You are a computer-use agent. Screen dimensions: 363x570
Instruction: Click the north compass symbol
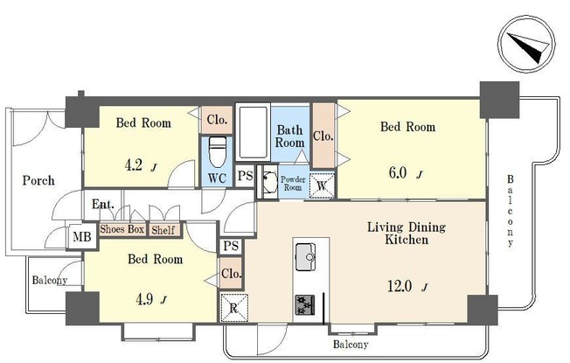pos(527,43)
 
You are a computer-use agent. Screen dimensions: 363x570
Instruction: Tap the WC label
pos(217,178)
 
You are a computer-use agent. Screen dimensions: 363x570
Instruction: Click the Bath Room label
pos(290,136)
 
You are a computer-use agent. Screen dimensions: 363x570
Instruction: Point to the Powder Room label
pos(291,184)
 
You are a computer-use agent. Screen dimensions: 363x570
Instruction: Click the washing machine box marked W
pos(322,185)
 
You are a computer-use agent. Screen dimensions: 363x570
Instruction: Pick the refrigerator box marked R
pos(233,307)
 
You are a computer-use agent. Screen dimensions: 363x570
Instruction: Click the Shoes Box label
pos(121,229)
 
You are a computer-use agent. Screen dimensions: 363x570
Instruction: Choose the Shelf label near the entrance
pos(163,230)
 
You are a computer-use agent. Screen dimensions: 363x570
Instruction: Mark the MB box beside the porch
pos(81,237)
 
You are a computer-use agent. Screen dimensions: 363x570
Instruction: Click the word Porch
pos(38,181)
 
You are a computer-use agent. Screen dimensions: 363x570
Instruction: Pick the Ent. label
pos(103,206)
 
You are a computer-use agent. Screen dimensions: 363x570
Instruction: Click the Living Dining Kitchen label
pos(405,234)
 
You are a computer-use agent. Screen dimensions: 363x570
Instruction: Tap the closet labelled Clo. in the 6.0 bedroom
pos(323,136)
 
